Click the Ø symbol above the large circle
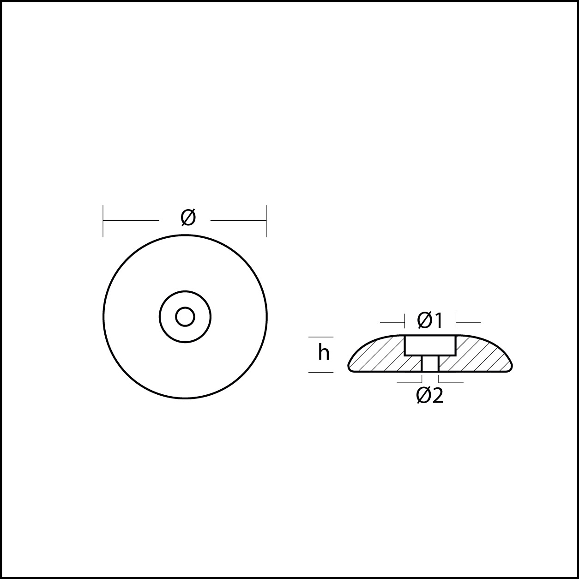(x=188, y=217)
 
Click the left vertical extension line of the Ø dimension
(x=103, y=221)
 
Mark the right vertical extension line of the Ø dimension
(x=266, y=221)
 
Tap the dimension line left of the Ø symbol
(x=131, y=220)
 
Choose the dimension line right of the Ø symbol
(x=238, y=220)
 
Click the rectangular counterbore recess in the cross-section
(x=430, y=345)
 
